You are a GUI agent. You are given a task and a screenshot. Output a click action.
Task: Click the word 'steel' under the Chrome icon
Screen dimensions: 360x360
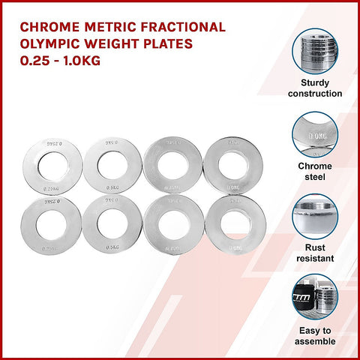pos(313,177)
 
